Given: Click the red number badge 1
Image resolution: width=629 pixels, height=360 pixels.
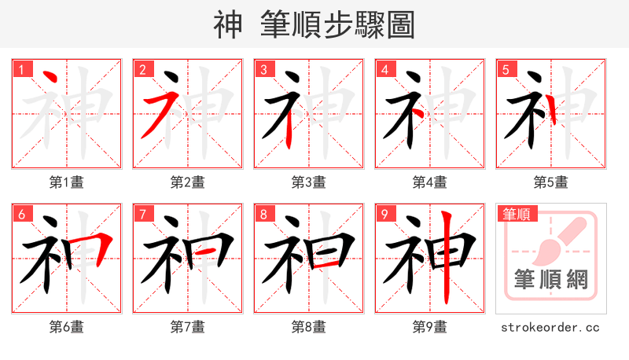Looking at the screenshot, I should [x=21, y=69].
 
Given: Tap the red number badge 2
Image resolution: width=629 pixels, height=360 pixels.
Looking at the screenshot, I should [x=142, y=69].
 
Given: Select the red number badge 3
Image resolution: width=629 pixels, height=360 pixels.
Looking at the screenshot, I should [x=263, y=69].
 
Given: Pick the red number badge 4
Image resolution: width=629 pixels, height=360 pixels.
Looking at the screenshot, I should [x=384, y=69].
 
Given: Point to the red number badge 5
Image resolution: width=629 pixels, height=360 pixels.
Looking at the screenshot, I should [x=506, y=69].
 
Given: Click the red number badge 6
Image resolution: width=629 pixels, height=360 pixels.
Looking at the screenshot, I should [x=21, y=214].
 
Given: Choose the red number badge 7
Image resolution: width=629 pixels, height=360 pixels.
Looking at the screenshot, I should [x=142, y=214].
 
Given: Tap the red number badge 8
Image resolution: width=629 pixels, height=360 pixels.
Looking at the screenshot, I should [x=263, y=214].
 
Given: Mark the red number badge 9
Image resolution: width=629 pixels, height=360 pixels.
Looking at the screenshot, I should [x=384, y=214].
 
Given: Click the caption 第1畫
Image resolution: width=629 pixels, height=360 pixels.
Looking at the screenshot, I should [x=67, y=182].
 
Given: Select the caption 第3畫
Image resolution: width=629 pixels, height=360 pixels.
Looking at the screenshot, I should [x=309, y=182].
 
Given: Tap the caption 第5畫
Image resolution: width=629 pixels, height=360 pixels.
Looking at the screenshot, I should [x=551, y=182].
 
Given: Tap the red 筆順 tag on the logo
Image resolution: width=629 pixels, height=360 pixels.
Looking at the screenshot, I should [x=516, y=213].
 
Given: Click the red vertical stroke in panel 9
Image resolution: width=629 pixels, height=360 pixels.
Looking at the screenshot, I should [x=446, y=259].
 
